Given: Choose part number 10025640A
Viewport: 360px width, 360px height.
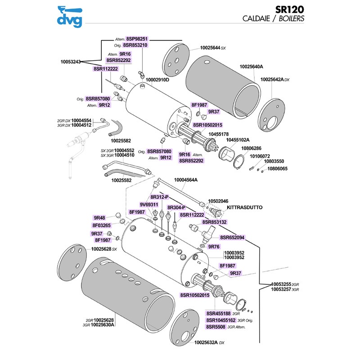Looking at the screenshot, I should coord(251,67).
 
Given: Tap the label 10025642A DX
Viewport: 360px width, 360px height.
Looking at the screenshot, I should coord(275,79).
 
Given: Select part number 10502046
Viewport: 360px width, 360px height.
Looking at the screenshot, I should coord(218,201).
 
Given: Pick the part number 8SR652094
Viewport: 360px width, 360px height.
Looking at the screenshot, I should coord(232,237).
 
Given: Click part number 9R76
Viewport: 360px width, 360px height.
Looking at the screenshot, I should coord(214,246).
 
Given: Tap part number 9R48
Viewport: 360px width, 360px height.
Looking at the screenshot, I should coord(99,217).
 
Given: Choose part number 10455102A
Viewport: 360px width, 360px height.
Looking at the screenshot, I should coord(238,140).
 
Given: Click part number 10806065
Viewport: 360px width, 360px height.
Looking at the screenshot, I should coord(277,169).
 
